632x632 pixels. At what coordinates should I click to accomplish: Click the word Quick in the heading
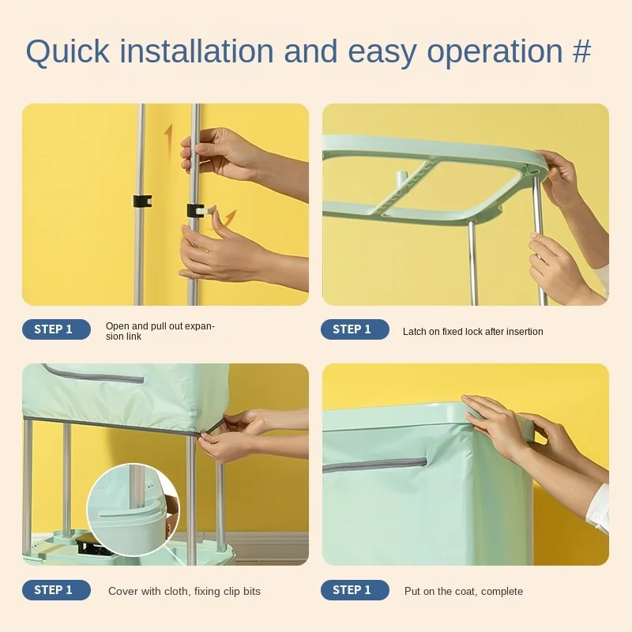pos(67,52)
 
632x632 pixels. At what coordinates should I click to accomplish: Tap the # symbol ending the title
pos(581,51)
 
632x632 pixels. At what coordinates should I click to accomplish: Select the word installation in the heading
pos(197,51)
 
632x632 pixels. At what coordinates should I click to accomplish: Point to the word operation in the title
pos(495,52)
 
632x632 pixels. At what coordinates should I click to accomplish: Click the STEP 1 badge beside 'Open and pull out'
pos(56,329)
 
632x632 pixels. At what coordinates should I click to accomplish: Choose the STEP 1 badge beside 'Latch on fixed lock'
pos(355,329)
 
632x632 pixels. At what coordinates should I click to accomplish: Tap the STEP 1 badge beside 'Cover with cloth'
pos(56,590)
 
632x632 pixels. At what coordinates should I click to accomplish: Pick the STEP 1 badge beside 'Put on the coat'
pos(355,590)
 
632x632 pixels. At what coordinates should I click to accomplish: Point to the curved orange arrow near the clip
pos(228,220)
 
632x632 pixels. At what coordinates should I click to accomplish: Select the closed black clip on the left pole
pos(143,201)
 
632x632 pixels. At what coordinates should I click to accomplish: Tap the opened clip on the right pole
pos(201,210)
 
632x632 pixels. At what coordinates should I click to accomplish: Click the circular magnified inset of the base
pos(134,510)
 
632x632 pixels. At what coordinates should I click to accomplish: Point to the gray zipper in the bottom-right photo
pos(374,465)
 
